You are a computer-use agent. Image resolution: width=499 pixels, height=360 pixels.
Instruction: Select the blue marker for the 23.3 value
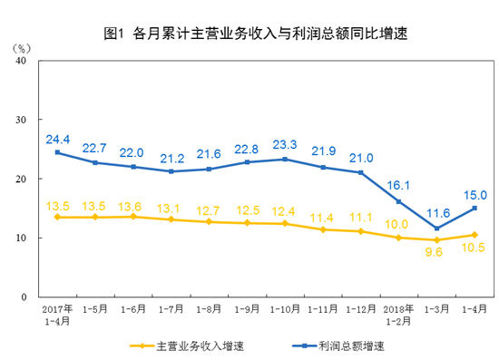pyautogui.click(x=285, y=160)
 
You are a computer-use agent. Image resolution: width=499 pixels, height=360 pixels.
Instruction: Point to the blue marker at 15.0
pyautogui.click(x=475, y=208)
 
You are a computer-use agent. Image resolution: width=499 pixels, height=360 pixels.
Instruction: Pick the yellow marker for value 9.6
pyautogui.click(x=436, y=240)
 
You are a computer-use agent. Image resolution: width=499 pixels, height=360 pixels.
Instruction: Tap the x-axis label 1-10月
pyautogui.click(x=285, y=309)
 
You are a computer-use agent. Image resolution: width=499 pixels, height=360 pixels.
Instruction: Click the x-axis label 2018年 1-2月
pyautogui.click(x=398, y=315)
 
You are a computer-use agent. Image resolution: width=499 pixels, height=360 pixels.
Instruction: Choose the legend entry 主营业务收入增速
pyautogui.click(x=186, y=345)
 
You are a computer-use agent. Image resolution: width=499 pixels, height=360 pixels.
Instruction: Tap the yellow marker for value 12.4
pyautogui.click(x=285, y=223)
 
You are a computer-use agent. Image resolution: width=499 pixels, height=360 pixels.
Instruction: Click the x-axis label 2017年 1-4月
pyautogui.click(x=56, y=315)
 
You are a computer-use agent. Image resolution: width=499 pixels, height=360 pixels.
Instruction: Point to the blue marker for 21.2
pyautogui.click(x=171, y=171)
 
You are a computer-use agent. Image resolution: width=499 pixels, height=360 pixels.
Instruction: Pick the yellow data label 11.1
pyautogui.click(x=361, y=218)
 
